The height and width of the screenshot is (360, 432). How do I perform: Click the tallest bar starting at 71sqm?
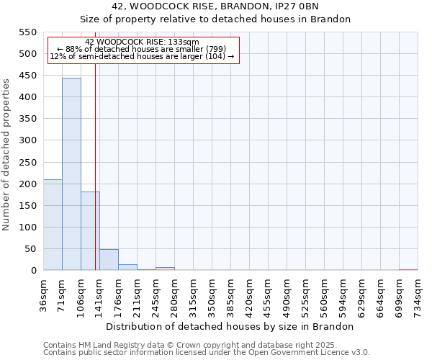71,174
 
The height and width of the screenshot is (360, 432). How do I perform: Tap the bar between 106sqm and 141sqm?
90,230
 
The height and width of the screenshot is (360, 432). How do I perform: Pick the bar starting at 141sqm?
109,260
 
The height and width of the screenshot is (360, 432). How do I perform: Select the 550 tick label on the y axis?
27,32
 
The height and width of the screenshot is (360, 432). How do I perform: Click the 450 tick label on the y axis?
27,76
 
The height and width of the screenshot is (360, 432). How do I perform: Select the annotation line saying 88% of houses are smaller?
142,49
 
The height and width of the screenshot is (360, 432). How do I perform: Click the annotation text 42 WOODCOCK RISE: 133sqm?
142,42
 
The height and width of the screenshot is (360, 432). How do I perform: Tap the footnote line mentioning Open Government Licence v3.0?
207,353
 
